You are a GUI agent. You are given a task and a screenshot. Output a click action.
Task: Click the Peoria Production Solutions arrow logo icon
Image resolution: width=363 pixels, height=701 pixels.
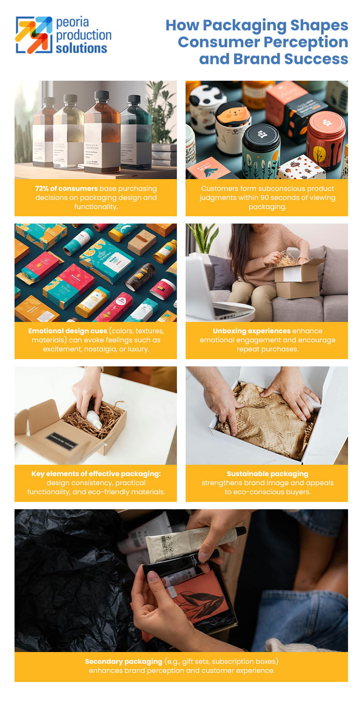tap(34, 35)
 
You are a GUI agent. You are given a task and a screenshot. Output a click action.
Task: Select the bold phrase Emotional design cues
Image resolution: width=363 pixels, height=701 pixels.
tap(68, 331)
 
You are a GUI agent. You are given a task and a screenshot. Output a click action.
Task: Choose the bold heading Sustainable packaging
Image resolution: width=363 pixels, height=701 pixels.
tap(267, 474)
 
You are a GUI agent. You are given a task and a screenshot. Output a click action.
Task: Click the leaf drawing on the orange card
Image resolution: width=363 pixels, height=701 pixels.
tap(201, 599)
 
